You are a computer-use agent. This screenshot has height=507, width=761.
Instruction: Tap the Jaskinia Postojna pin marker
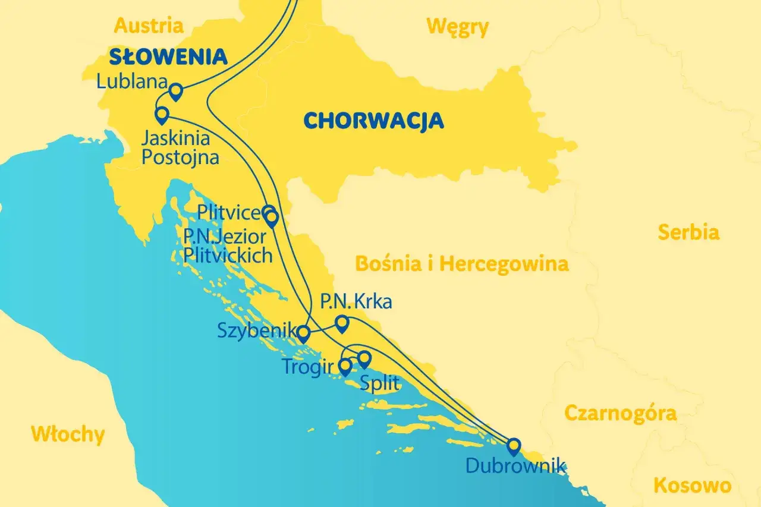click(161, 114)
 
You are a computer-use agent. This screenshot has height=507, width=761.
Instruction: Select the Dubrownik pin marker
click(513, 446)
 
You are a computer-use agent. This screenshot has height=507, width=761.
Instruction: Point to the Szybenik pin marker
click(303, 334)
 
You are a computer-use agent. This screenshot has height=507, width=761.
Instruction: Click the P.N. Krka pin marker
click(342, 323)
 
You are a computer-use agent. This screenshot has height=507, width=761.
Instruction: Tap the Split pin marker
click(364, 358)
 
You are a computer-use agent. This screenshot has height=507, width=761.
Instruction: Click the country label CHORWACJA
click(373, 121)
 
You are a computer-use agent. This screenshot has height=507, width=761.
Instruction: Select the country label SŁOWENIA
click(168, 57)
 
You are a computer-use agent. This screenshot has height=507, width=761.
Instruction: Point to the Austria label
click(149, 26)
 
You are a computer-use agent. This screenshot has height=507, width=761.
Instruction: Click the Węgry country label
click(457, 27)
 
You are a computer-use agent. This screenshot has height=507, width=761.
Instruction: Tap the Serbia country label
click(688, 232)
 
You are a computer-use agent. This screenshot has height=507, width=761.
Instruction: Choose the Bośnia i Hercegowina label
click(461, 263)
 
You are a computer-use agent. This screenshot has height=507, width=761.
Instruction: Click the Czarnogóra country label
click(620, 413)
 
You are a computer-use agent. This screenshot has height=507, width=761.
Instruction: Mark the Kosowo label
click(692, 486)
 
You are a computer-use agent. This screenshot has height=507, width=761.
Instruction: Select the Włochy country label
click(68, 434)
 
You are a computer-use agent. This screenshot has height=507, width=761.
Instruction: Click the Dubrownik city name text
click(515, 465)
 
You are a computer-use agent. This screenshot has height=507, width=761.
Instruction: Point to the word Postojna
click(180, 158)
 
